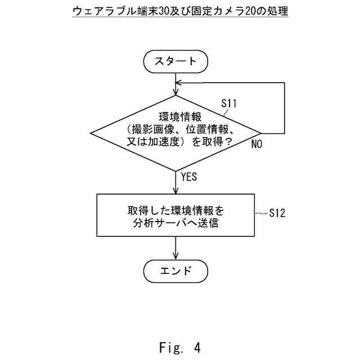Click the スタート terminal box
pyautogui.click(x=176, y=61)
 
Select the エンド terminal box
pyautogui.click(x=176, y=272)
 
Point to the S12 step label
pyautogui.click(x=277, y=213)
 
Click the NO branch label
pyautogui.click(x=256, y=144)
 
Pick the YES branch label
pyautogui.click(x=189, y=177)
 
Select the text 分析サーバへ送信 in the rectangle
pyautogui.click(x=177, y=223)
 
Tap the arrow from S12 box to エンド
pyautogui.click(x=177, y=248)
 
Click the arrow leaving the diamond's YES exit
pyautogui.click(x=177, y=182)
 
